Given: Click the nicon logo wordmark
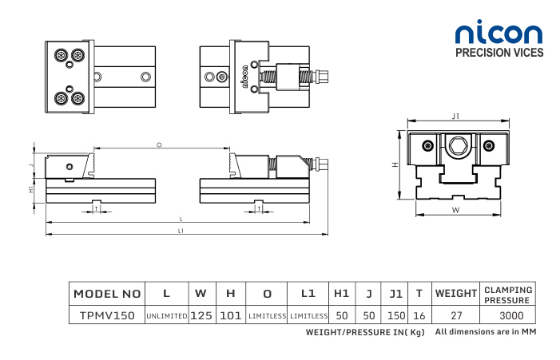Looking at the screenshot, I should [x=498, y=33].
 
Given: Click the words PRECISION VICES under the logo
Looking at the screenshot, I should [x=498, y=53].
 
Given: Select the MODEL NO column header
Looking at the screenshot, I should [x=107, y=294].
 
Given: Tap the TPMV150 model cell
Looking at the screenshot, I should [x=107, y=315].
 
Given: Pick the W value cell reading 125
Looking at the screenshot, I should [x=201, y=315].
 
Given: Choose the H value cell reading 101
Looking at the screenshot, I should [x=230, y=315].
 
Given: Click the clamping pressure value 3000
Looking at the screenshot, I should [x=506, y=315].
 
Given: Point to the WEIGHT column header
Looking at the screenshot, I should [x=455, y=294].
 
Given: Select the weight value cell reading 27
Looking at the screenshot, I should [x=456, y=315].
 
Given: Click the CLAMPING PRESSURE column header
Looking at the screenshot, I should [x=506, y=294].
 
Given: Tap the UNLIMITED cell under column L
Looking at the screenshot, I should [x=166, y=316].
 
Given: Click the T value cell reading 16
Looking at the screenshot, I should [x=419, y=315].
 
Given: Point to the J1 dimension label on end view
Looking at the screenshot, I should [x=455, y=117].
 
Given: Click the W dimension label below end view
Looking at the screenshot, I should [x=455, y=211].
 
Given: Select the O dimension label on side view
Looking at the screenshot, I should [x=159, y=144].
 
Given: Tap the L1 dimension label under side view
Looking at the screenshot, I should [x=181, y=231].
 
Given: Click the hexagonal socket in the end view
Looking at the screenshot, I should [x=456, y=145].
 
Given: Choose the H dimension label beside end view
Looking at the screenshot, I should [x=395, y=164].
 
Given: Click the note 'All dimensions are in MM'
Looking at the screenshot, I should [x=484, y=331].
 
